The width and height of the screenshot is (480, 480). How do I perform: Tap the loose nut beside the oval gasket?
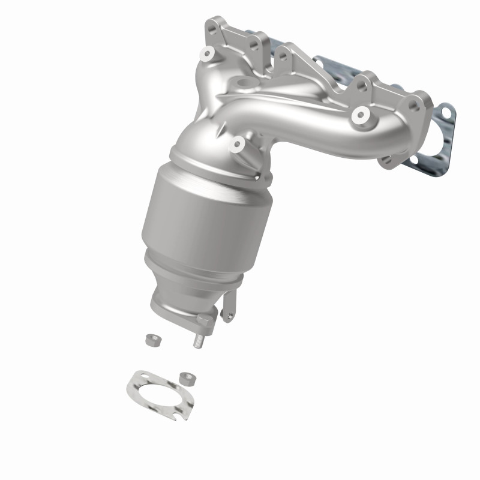pyautogui.click(x=186, y=378)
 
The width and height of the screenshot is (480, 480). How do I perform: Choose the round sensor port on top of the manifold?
pyautogui.click(x=245, y=82)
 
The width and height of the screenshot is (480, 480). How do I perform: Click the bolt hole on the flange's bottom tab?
pyautogui.click(x=385, y=160)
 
